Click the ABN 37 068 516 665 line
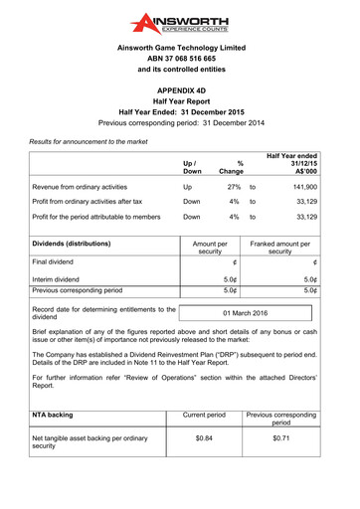point(179,58)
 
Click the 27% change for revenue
point(234,186)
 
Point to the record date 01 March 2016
point(245,313)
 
